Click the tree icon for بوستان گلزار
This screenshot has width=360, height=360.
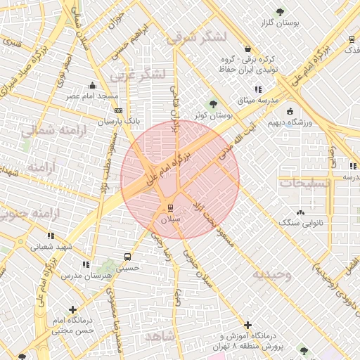point(281,12)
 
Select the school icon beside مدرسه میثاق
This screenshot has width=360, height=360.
point(258,89)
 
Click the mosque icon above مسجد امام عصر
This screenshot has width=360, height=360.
point(93,85)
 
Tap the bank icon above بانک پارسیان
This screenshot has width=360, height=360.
point(117,110)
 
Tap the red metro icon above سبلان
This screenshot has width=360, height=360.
point(170,208)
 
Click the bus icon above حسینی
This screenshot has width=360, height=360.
point(127,257)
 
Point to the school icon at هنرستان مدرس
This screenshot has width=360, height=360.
point(85,264)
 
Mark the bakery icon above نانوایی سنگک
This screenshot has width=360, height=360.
point(301,212)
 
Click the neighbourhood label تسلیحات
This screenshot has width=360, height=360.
point(304,183)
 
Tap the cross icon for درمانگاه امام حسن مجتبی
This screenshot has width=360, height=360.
point(73,309)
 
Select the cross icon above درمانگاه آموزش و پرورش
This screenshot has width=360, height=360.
point(247,325)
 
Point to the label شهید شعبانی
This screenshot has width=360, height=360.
point(49,246)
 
